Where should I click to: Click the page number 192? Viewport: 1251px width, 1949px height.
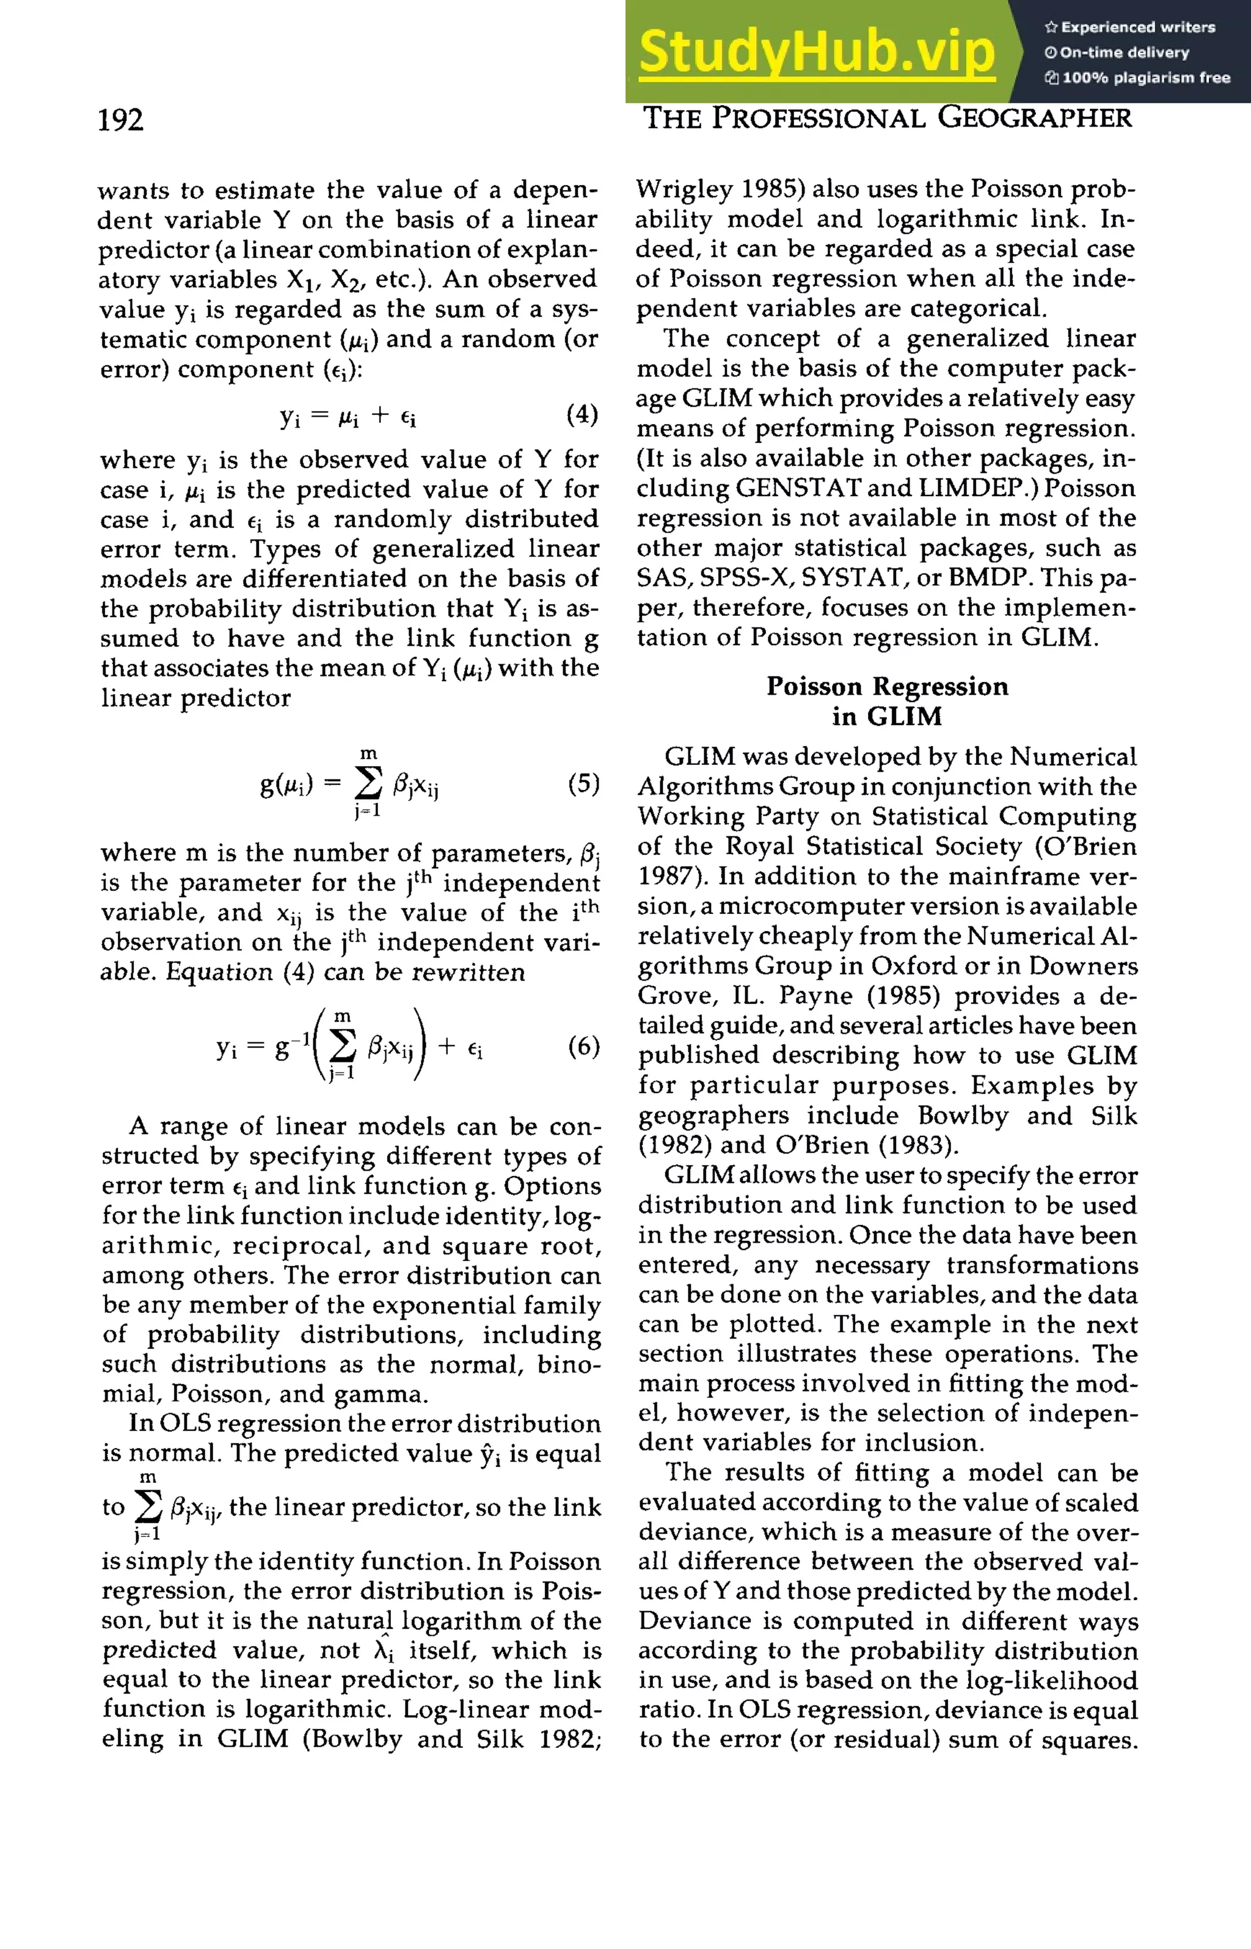click(120, 120)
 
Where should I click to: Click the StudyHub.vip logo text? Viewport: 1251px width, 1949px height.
click(817, 52)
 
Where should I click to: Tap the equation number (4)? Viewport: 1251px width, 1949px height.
click(582, 414)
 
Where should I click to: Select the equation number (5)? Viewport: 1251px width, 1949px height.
click(583, 783)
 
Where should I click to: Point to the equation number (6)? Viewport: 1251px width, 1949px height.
click(583, 1045)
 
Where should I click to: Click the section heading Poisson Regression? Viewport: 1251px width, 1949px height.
click(886, 687)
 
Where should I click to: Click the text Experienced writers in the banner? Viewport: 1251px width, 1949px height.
click(1137, 27)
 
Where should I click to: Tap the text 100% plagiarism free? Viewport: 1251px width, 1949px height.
click(1145, 78)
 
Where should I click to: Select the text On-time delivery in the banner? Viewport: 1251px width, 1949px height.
click(1125, 53)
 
